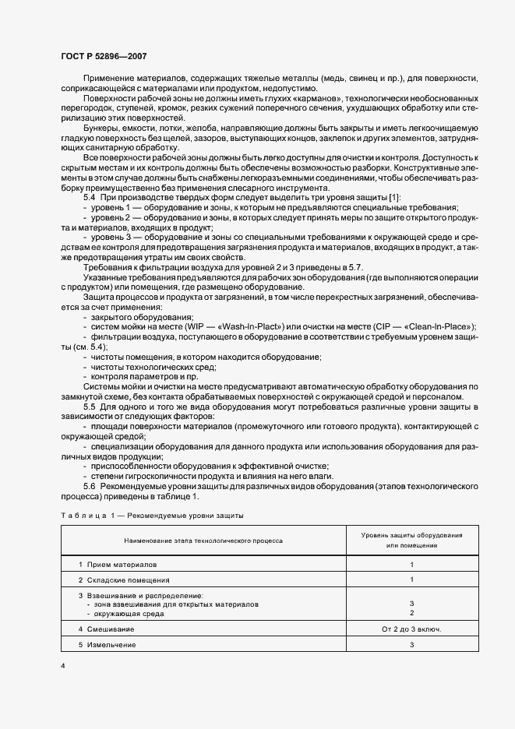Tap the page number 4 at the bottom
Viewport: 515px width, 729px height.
tap(63, 667)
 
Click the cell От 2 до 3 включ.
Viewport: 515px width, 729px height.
tap(411, 629)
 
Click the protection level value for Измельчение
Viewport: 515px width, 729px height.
tap(411, 646)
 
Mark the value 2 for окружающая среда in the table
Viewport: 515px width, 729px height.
tap(411, 614)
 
